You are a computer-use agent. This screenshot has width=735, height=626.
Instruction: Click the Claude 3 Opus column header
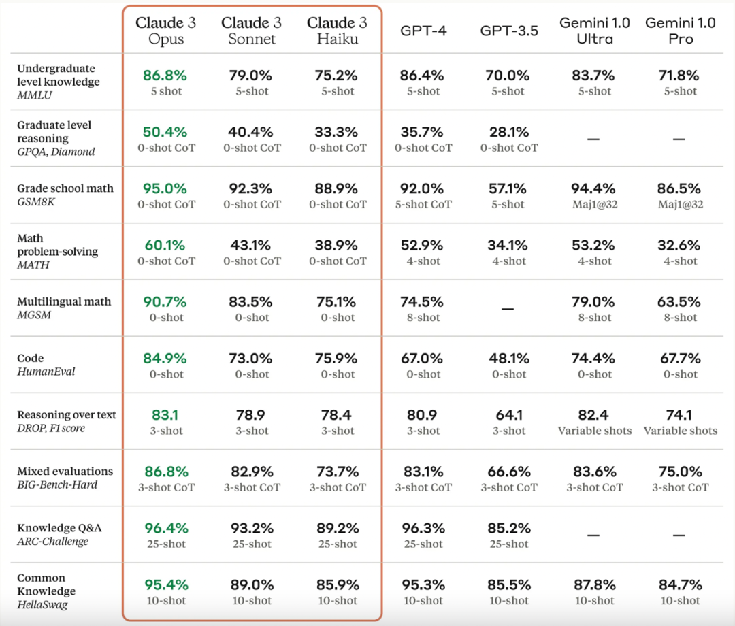[x=166, y=31]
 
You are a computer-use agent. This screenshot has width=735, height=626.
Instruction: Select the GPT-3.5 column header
[x=508, y=31]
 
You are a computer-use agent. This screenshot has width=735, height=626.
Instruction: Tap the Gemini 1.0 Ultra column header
[x=594, y=31]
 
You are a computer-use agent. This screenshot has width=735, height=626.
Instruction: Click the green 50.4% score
[x=166, y=132]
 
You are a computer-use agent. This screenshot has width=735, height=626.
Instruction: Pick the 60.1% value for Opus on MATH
[x=166, y=245]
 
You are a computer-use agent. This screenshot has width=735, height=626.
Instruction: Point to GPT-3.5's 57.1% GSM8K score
[x=509, y=188]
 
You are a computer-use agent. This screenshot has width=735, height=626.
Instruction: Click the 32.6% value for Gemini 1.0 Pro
[x=680, y=245]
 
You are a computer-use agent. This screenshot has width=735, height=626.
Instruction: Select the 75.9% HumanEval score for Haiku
[x=338, y=358]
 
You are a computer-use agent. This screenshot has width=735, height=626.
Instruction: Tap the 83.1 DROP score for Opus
[x=166, y=414]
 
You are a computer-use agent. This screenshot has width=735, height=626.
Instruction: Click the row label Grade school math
[x=65, y=188]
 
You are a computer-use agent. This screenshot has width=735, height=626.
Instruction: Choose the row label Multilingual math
[x=64, y=301]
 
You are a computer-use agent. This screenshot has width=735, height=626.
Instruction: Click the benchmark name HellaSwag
[x=43, y=604]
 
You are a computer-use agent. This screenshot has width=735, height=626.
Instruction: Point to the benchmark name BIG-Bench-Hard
[x=57, y=484]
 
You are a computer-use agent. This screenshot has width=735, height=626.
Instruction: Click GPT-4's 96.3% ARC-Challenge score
[x=423, y=527]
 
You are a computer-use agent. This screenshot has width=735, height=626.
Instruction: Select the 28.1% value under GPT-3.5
[x=509, y=132]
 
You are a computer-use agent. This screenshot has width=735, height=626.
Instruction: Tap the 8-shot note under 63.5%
[x=680, y=318]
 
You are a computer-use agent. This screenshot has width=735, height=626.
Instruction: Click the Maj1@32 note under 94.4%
[x=595, y=204]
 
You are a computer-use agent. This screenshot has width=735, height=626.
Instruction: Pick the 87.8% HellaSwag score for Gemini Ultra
[x=595, y=584]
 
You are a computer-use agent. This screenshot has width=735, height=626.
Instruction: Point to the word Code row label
[x=31, y=358]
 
